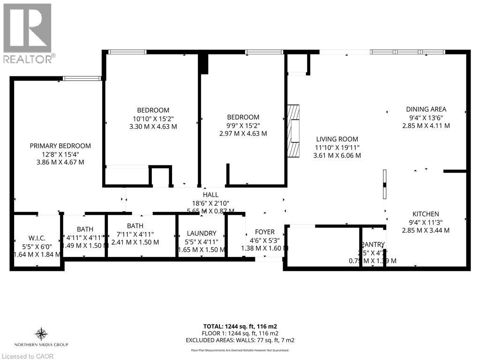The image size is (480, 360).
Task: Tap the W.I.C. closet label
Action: [x=36, y=238]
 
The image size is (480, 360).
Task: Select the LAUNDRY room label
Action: [x=201, y=233]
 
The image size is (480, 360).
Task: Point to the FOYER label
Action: [x=265, y=232]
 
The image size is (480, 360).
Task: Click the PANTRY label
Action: [x=374, y=244]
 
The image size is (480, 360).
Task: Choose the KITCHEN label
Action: [x=426, y=214]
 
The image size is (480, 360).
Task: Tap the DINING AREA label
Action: [x=426, y=109]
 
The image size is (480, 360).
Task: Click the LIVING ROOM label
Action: [x=337, y=139]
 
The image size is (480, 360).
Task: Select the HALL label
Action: [x=210, y=195]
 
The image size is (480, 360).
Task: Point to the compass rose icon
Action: [x=41, y=334]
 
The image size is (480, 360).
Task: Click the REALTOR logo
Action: [x=28, y=33]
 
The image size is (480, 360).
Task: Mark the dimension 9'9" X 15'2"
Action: [x=243, y=126]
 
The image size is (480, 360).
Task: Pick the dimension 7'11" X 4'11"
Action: [x=135, y=234]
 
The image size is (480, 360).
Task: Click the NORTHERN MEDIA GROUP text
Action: [x=41, y=345]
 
